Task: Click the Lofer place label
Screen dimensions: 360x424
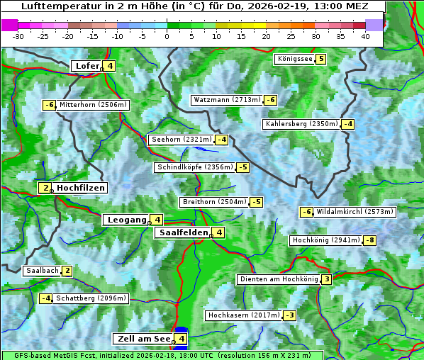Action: click(86, 66)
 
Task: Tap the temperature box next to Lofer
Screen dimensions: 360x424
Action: click(109, 66)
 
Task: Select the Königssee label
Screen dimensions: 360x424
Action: click(295, 59)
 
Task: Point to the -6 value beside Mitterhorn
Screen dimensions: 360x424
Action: click(49, 105)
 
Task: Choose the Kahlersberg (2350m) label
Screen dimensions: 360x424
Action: click(301, 124)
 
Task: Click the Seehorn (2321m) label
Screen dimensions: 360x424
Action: click(182, 140)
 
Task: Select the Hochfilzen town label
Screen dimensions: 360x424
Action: click(81, 188)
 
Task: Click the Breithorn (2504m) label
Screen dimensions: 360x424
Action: click(214, 202)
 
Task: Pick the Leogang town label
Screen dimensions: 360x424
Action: click(126, 220)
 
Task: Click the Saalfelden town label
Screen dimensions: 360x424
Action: click(183, 232)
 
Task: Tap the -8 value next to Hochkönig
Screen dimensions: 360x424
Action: click(369, 240)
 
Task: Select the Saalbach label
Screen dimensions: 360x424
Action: click(42, 271)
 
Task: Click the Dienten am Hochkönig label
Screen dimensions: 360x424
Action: click(278, 279)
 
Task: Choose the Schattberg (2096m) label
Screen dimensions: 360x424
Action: click(91, 298)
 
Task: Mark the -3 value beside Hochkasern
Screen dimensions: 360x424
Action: click(289, 315)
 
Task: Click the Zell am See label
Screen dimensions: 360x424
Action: click(143, 339)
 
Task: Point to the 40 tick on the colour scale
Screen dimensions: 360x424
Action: click(365, 36)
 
